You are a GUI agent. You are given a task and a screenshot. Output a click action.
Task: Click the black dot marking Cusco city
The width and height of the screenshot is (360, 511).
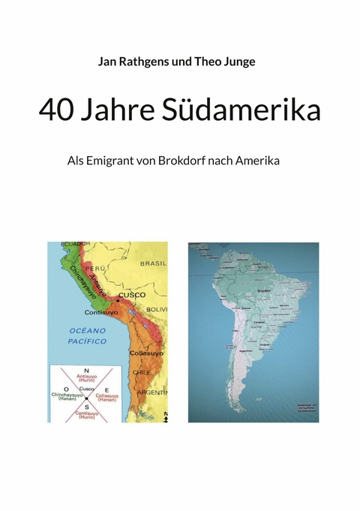pyautogui.click(x=117, y=299)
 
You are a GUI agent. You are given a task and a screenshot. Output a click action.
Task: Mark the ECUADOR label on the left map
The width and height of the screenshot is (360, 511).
pyautogui.click(x=74, y=245)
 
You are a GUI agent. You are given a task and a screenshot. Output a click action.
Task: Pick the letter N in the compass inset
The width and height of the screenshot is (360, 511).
pyautogui.click(x=86, y=370)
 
